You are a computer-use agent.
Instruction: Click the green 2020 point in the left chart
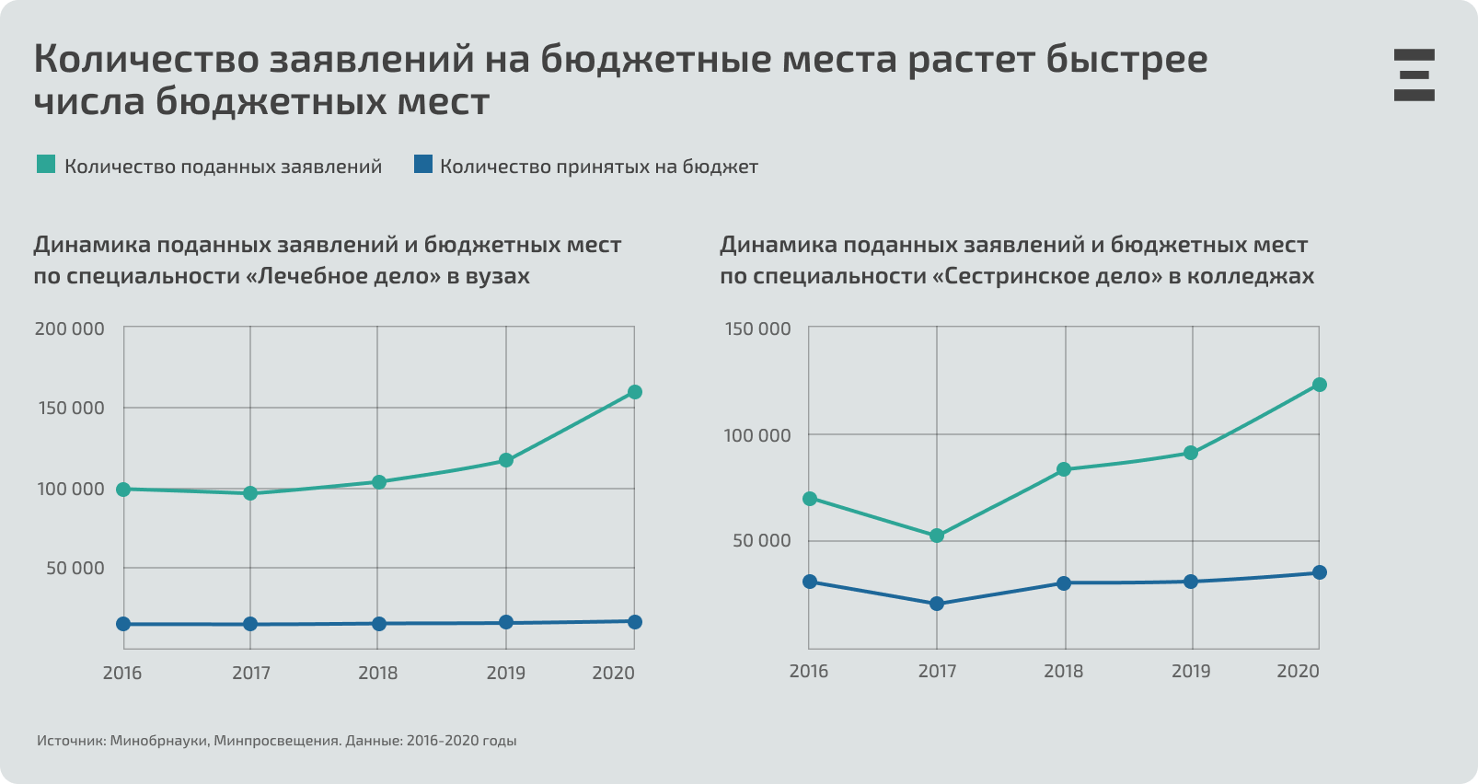point(634,392)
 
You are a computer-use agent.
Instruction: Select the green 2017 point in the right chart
point(937,536)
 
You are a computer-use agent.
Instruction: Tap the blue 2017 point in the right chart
point(937,604)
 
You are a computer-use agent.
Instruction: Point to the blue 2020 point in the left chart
point(634,622)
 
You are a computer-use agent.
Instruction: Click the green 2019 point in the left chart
point(506,460)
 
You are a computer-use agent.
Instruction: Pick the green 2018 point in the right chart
point(1064,469)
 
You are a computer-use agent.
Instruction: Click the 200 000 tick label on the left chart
point(69,329)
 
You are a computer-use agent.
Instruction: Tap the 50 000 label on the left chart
point(75,568)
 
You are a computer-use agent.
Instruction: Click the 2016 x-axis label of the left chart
point(122,673)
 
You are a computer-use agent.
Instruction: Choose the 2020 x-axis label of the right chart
point(1298,671)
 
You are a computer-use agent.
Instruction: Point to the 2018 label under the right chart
point(1063,671)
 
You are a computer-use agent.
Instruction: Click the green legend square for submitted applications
point(46,165)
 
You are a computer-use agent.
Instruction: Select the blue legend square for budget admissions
point(422,165)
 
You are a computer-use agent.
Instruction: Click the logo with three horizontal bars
point(1414,75)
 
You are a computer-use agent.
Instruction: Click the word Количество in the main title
point(145,60)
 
